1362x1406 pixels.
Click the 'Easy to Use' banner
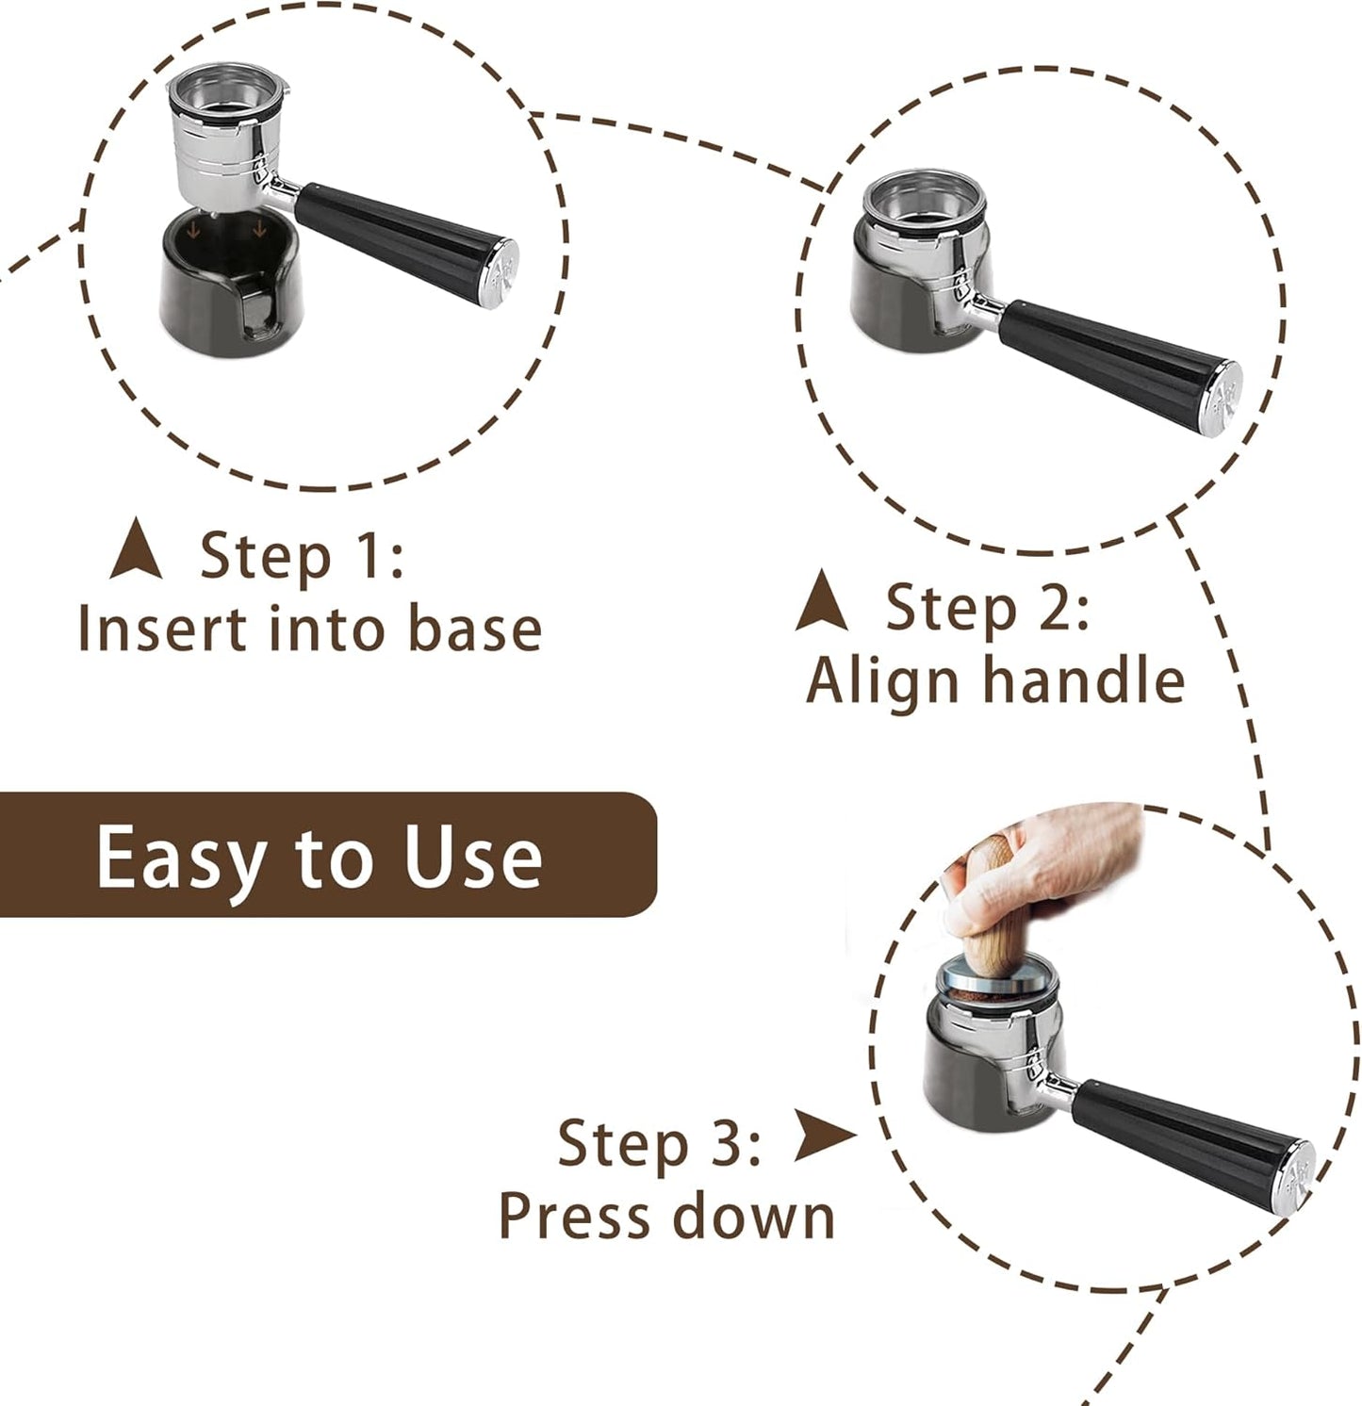click(x=320, y=855)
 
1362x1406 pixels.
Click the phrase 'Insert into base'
click(x=309, y=629)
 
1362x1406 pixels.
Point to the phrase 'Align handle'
click(x=995, y=680)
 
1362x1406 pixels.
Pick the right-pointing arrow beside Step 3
click(x=822, y=1135)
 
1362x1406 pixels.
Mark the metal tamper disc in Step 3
click(x=999, y=980)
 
